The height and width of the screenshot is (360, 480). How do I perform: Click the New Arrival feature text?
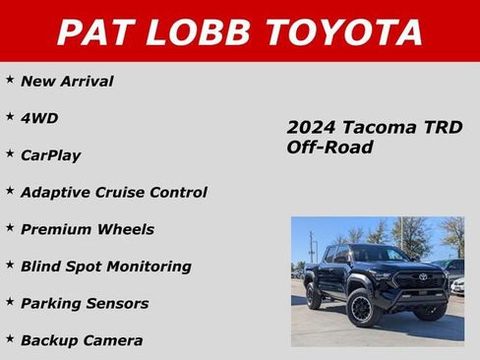[x=67, y=82]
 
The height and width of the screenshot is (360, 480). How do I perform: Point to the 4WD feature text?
[x=39, y=119]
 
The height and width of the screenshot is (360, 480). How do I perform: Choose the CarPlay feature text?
[x=51, y=155]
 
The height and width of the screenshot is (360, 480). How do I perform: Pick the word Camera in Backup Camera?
[x=111, y=340]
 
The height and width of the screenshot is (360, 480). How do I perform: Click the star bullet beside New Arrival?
[x=10, y=79]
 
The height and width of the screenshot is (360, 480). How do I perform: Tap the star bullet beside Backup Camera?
[x=10, y=337]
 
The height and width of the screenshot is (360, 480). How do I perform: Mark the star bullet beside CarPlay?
[x=10, y=152]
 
